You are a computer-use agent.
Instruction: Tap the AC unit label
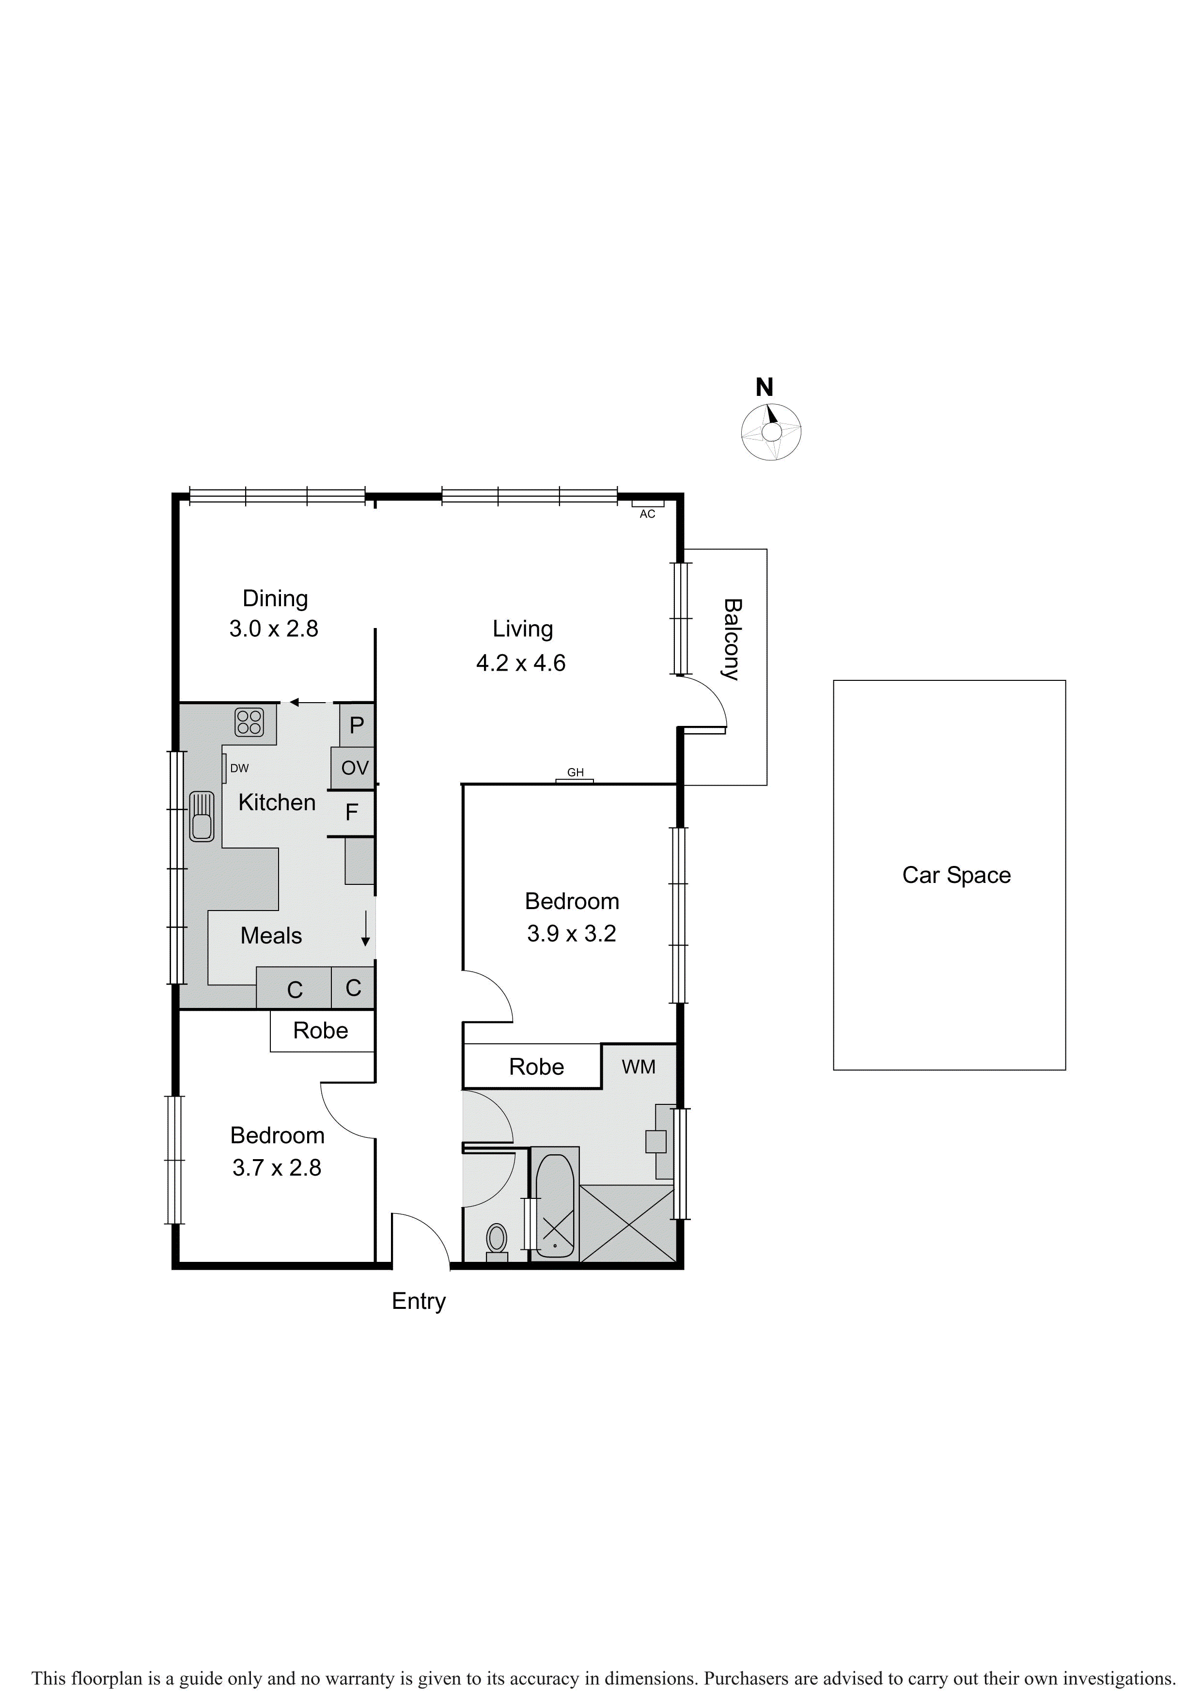pos(647,514)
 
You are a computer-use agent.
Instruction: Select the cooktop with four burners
pos(249,723)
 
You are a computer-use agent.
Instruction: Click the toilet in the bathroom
pos(496,1239)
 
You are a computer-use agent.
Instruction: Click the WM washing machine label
pos(638,1067)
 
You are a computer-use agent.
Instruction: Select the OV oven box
pos(354,768)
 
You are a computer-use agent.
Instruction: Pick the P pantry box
pos(357,725)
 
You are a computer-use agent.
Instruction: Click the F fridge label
pos(351,813)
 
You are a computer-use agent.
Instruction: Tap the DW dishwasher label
pos(239,769)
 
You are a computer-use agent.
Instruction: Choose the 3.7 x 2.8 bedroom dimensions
pos(277,1168)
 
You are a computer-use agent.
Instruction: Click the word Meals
pos(271,936)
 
